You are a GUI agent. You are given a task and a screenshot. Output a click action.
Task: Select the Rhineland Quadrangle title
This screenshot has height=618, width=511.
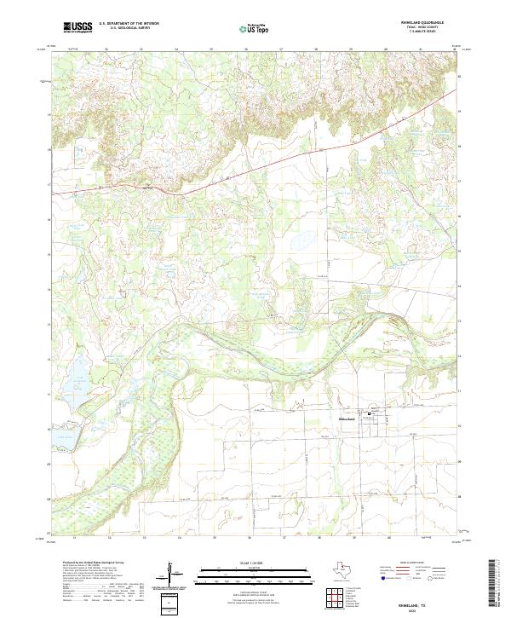coord(432,23)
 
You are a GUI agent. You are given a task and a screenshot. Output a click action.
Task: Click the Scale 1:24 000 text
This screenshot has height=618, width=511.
coord(244,563)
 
